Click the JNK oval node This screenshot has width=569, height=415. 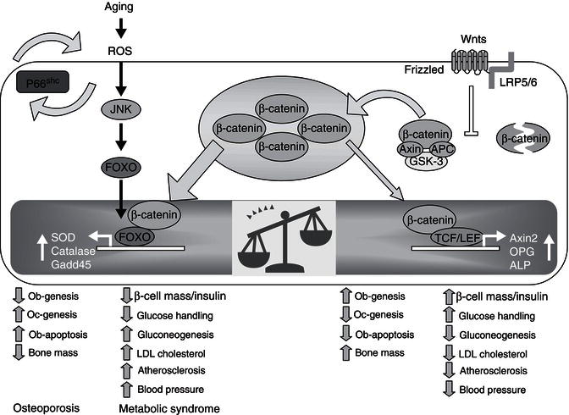point(122,109)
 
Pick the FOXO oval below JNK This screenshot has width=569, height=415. point(122,166)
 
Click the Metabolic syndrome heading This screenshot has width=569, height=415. point(169,408)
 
